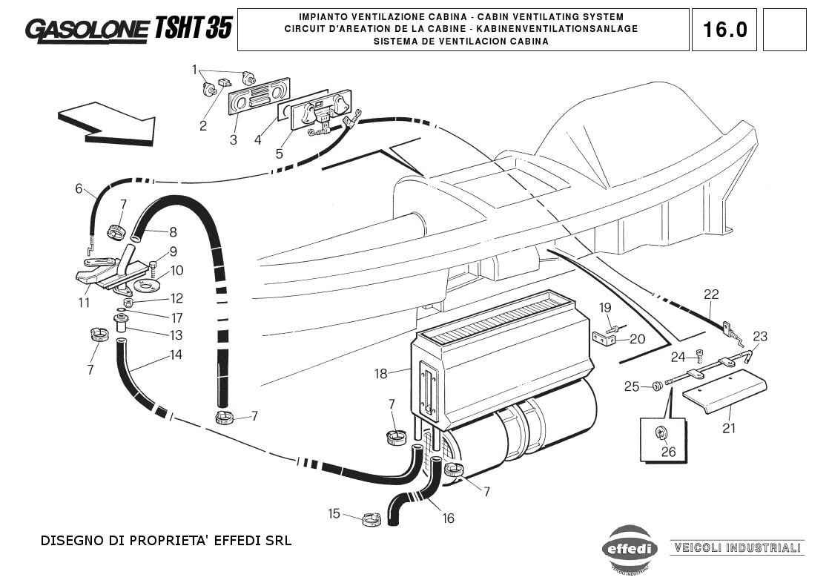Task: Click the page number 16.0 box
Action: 724,30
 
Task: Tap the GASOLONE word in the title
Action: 87,29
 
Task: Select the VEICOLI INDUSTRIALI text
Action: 736,549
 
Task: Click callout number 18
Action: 380,373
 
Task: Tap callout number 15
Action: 334,513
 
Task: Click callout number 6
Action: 79,188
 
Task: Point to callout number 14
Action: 176,355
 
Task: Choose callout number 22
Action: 711,294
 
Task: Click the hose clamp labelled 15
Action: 371,518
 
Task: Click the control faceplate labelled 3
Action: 257,102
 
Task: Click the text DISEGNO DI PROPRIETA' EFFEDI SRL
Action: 165,541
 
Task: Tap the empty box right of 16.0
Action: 784,30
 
